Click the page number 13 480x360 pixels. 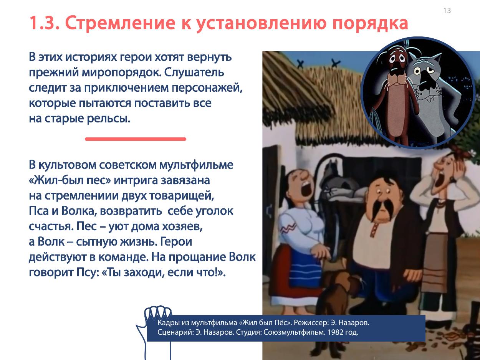coord(447,10)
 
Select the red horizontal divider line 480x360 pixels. coord(136,139)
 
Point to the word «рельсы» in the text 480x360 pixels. coord(108,119)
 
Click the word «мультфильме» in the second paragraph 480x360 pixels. coord(196,165)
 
